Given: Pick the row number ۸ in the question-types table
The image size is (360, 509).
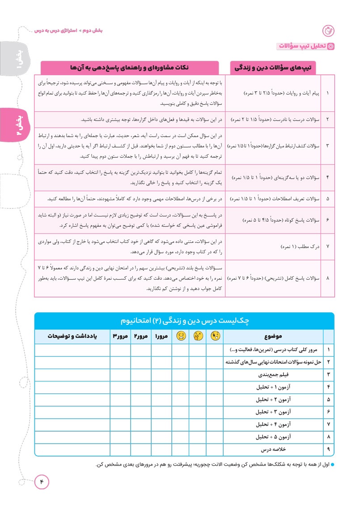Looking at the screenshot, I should coord(328,278).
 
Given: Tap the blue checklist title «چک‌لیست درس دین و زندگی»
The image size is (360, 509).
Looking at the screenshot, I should coord(184,321).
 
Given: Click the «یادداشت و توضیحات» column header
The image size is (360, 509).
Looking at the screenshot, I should coord(72,336).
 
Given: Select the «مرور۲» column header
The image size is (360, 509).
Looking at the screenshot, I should coord(141,336).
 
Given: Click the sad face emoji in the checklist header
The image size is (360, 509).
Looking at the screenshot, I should coord(181,336).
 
